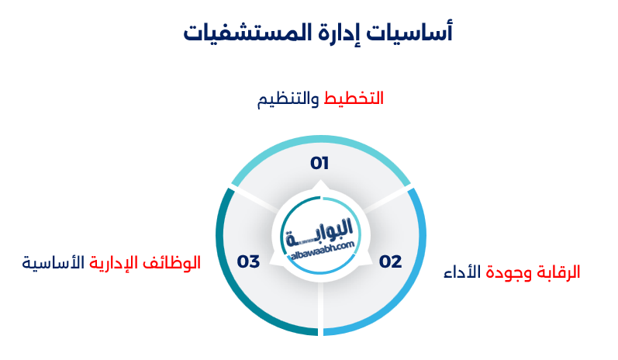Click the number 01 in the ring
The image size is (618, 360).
tap(319, 164)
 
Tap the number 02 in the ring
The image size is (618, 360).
tap(390, 261)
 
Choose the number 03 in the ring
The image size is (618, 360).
tap(248, 261)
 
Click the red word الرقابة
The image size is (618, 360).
tap(558, 272)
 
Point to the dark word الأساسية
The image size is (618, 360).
tap(54, 263)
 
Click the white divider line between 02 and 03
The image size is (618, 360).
tap(320, 310)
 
